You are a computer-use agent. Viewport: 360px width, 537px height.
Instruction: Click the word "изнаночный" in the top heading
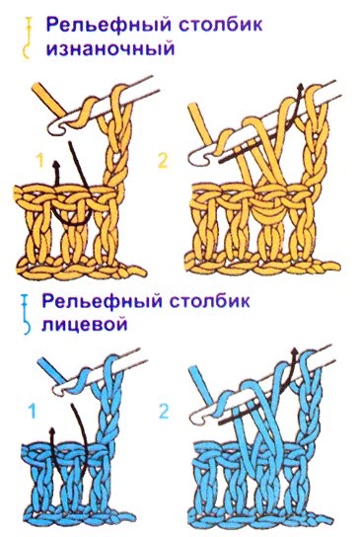pos(110,48)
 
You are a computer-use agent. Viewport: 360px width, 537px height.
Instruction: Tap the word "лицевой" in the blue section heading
pos(84,324)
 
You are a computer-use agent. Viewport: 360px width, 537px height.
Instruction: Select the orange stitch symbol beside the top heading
pos(27,38)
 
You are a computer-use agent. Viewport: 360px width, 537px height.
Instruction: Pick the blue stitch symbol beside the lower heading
pos(26,314)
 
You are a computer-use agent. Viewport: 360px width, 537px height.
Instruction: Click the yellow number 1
pos(40,160)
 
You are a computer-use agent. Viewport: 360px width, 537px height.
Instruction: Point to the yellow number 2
pos(163,160)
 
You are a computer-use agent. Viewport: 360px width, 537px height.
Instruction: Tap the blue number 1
pos(33,411)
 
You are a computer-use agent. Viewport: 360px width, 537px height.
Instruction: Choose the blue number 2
pos(164,411)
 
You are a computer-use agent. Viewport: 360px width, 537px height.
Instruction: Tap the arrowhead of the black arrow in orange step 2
pos(301,88)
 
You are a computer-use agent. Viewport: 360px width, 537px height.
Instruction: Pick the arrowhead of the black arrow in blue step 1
pos(52,430)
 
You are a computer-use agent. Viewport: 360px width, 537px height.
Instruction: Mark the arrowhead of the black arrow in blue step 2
pos(295,352)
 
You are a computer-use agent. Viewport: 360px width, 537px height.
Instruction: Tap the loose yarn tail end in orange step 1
pos(36,87)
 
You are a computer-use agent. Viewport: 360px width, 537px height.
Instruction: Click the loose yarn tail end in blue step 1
pos(41,361)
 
